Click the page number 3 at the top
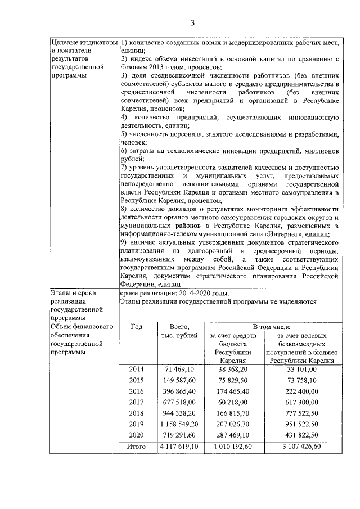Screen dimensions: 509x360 tap(192, 23)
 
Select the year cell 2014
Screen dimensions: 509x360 tap(136, 369)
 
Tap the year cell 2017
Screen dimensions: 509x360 tap(136, 402)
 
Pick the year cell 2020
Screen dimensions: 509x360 tap(136, 435)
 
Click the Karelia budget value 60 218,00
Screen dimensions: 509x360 tap(233, 402)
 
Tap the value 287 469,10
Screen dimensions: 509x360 tap(233, 435)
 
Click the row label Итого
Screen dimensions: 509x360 tap(136, 447)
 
